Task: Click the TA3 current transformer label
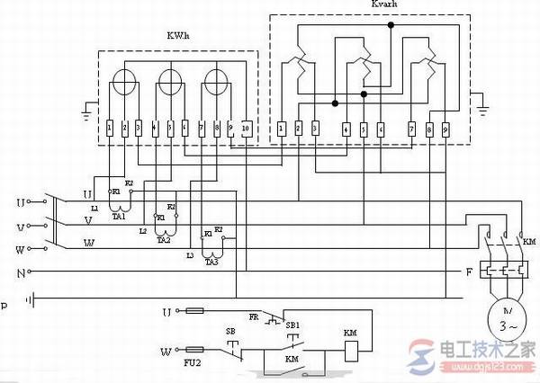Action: click(x=211, y=262)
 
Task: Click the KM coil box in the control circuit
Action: click(x=351, y=348)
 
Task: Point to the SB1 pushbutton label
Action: click(x=292, y=321)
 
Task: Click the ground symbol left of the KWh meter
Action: click(x=85, y=114)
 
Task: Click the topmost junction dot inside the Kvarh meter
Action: click(x=391, y=26)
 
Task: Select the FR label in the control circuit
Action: click(x=255, y=317)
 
